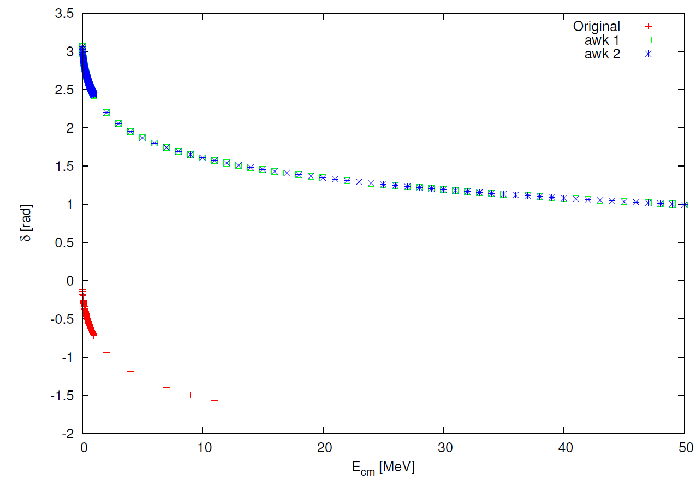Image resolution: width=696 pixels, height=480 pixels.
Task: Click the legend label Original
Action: [x=596, y=26]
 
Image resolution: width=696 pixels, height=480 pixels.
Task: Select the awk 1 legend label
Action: [x=602, y=40]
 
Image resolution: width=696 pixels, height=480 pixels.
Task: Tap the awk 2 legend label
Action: [x=602, y=54]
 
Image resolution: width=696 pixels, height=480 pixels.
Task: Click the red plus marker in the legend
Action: [x=649, y=26]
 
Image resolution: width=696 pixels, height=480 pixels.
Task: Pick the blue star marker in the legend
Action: [x=649, y=54]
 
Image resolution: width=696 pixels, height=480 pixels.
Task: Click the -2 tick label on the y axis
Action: [x=68, y=434]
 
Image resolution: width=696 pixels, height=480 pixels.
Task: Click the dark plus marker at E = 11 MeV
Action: [x=215, y=401]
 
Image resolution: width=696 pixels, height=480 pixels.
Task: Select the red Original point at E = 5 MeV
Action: [x=142, y=378]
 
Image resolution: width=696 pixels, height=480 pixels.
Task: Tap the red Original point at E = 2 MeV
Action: [x=106, y=353]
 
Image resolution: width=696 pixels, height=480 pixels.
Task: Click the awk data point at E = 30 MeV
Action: [x=443, y=189]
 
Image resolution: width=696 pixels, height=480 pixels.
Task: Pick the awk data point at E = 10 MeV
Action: [x=203, y=158]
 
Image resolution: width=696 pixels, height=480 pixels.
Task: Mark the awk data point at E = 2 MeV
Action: [x=106, y=112]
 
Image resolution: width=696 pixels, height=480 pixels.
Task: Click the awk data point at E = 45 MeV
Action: [x=624, y=202]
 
